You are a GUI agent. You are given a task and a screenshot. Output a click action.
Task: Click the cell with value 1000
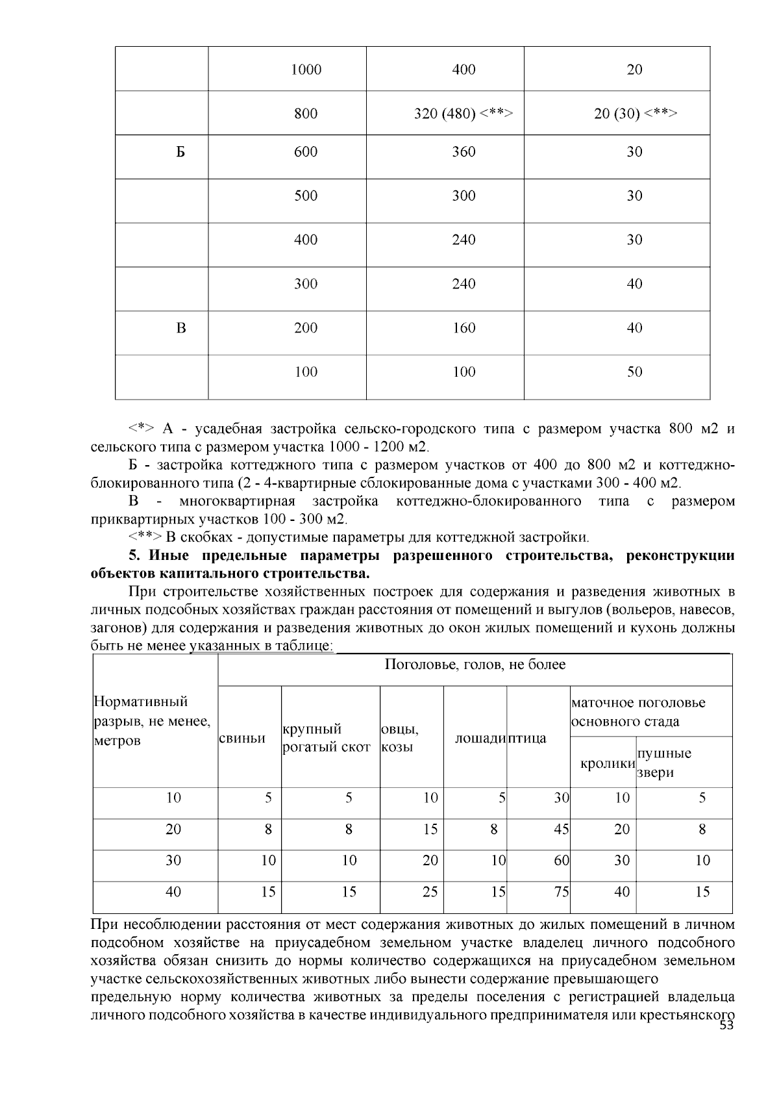tap(306, 70)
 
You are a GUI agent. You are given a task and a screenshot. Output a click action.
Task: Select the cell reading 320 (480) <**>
tap(464, 114)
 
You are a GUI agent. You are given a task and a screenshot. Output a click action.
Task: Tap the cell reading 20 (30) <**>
tap(635, 114)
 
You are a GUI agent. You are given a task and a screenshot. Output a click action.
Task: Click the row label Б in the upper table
tap(180, 152)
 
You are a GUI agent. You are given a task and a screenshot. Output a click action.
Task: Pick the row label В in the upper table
tap(180, 328)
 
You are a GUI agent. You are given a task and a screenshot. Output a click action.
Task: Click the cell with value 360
tap(464, 152)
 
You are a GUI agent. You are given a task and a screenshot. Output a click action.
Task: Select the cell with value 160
tap(464, 328)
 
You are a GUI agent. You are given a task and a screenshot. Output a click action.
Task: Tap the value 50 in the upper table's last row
tap(634, 372)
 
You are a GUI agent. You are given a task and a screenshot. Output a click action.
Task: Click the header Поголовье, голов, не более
tap(475, 665)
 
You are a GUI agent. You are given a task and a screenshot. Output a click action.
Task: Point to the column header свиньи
tap(242, 739)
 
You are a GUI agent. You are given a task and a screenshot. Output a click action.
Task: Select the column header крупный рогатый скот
tap(327, 739)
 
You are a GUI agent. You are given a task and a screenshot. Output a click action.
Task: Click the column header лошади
tap(480, 739)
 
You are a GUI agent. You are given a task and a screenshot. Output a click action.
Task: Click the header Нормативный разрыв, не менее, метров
tap(152, 721)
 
